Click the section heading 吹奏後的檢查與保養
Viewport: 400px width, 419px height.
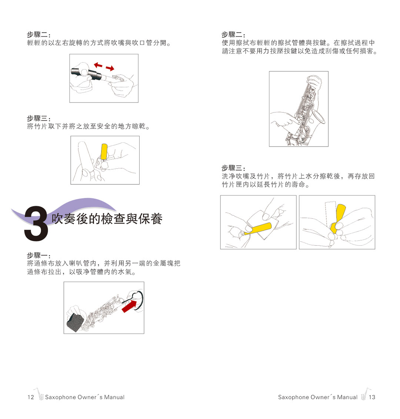click(107, 219)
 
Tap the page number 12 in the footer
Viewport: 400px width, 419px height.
click(30, 397)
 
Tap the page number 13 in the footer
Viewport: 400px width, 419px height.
click(372, 397)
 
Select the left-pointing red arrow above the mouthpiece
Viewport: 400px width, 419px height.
click(98, 65)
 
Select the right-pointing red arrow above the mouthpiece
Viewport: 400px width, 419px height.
click(110, 68)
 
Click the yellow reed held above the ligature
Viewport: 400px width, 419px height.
click(104, 151)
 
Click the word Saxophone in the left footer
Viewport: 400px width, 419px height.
click(60, 397)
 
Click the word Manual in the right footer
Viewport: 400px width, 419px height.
click(347, 397)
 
